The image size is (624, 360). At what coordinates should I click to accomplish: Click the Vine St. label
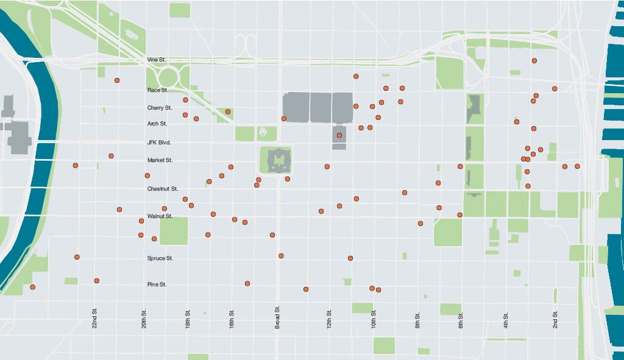click(157, 60)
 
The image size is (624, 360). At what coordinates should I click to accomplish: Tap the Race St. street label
click(157, 90)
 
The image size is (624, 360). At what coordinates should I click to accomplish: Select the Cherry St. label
click(159, 108)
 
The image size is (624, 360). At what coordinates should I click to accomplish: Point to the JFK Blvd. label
click(159, 143)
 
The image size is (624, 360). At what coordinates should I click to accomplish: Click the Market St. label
click(160, 160)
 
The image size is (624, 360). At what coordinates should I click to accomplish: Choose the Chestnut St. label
click(162, 189)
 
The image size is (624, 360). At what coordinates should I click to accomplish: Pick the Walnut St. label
click(160, 216)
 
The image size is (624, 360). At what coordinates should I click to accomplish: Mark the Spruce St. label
click(160, 258)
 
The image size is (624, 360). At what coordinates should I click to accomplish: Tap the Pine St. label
click(157, 284)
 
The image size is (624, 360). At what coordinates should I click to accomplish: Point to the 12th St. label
click(329, 319)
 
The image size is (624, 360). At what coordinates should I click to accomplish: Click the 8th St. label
click(418, 321)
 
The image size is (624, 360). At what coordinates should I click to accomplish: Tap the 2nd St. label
click(555, 319)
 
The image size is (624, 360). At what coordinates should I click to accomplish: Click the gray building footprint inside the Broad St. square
click(277, 160)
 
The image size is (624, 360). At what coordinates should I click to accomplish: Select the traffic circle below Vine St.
click(168, 76)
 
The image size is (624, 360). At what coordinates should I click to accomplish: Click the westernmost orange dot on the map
click(32, 287)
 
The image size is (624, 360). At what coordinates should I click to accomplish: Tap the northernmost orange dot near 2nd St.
click(534, 61)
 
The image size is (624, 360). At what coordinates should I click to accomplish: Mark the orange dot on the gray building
click(339, 135)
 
